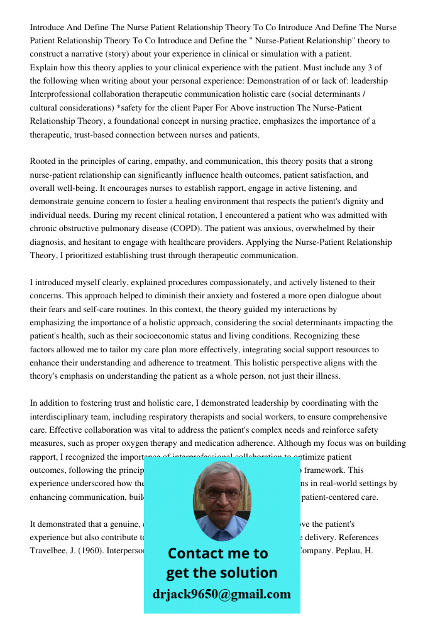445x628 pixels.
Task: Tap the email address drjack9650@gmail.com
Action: [x=221, y=594]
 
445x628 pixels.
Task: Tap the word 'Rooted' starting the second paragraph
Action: [x=43, y=162]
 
